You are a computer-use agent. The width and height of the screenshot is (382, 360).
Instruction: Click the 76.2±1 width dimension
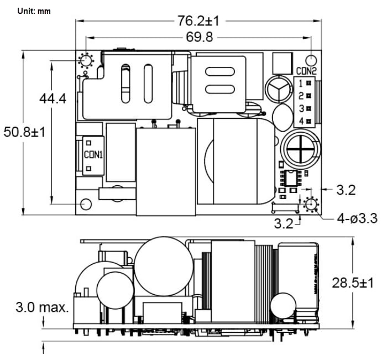[x=198, y=21]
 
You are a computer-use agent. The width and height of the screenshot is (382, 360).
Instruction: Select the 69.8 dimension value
[x=198, y=37]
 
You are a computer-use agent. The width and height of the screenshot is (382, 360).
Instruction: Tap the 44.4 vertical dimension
[x=53, y=98]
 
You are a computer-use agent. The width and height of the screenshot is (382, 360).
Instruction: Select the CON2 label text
[x=306, y=71]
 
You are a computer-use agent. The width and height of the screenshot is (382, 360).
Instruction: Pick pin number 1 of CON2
[x=301, y=84]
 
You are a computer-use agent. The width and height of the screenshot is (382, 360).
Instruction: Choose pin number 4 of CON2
[x=301, y=121]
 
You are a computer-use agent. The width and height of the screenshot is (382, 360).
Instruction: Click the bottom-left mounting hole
[x=86, y=205]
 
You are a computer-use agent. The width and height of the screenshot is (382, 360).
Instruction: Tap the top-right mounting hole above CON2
[x=312, y=60]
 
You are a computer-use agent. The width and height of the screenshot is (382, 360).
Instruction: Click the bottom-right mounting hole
[x=311, y=205]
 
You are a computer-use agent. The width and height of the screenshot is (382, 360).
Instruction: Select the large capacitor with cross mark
[x=299, y=149]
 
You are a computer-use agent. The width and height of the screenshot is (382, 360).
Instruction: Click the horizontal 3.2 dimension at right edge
[x=346, y=190]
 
